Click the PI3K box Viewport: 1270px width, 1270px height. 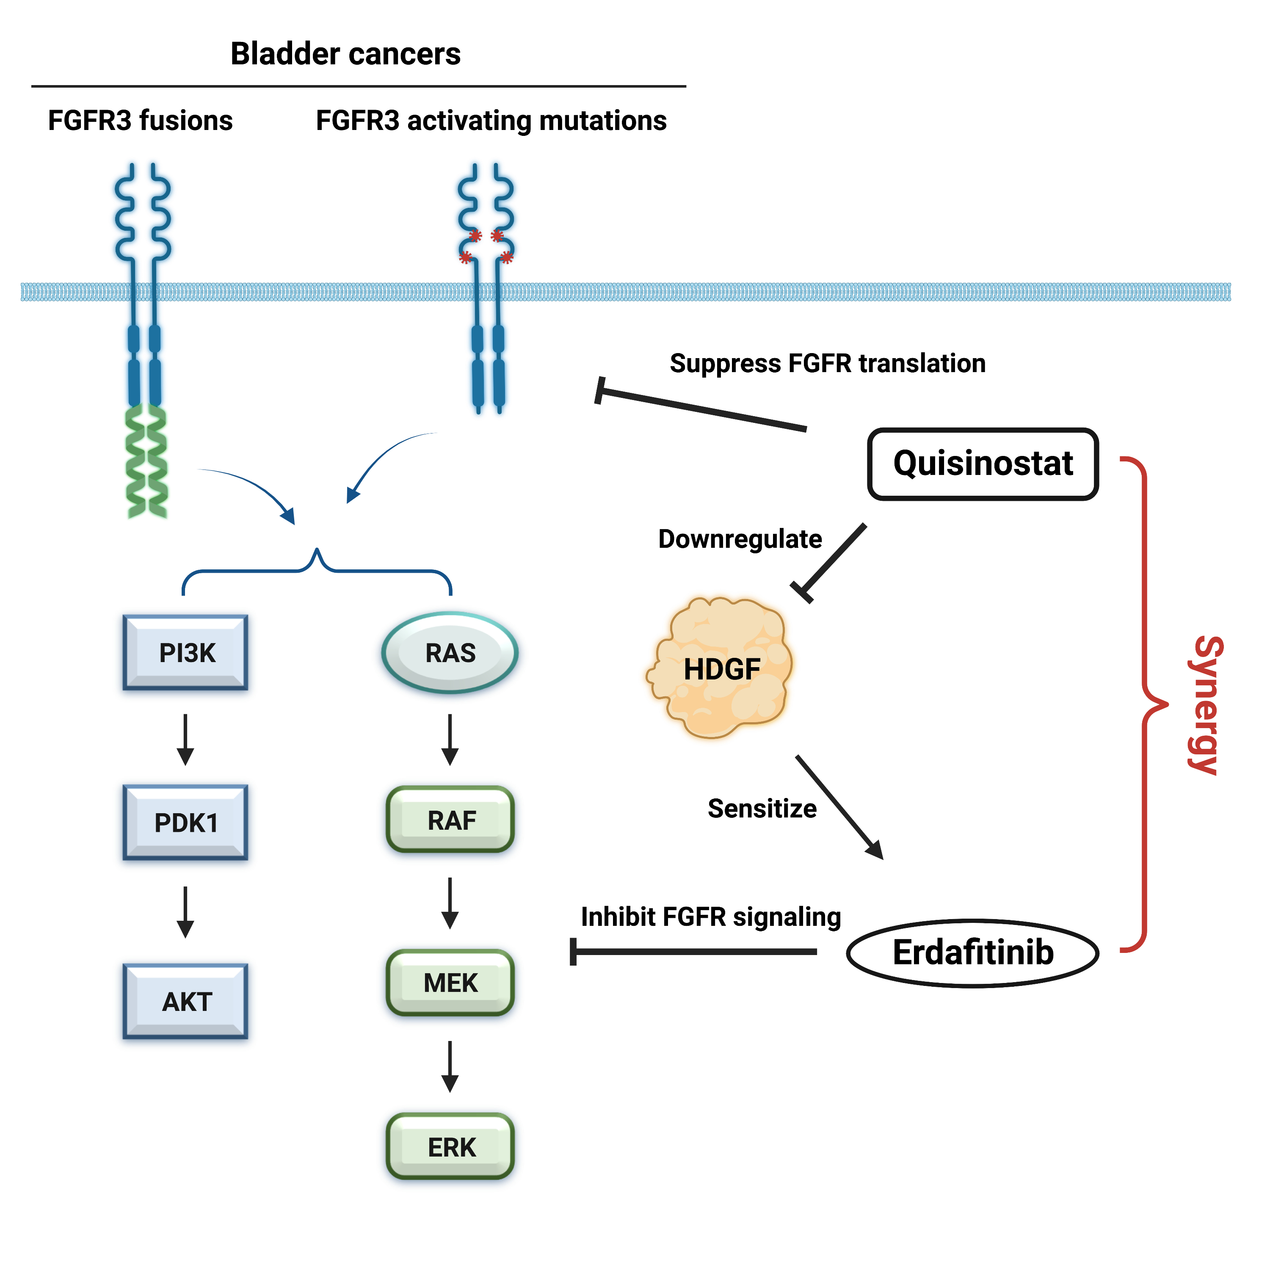[186, 653]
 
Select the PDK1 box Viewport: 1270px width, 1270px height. [186, 823]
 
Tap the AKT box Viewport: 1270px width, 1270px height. [186, 1001]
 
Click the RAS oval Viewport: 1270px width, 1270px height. [450, 653]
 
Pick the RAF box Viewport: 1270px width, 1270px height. [450, 820]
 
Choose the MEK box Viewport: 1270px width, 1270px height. [450, 982]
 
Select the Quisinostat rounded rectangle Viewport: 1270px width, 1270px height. [983, 464]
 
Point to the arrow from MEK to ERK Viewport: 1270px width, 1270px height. [450, 1066]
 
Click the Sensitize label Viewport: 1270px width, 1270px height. [762, 809]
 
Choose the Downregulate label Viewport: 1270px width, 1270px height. [740, 539]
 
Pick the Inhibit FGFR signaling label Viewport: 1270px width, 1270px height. [711, 917]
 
